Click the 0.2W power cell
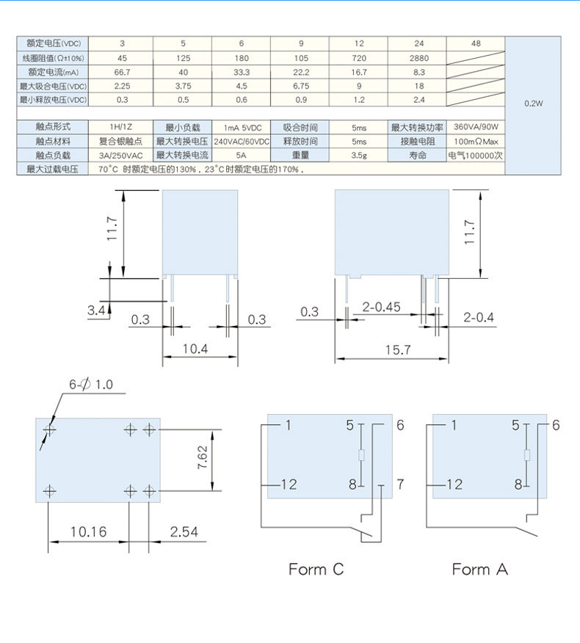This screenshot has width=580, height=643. pos(533,103)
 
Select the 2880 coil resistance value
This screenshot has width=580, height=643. pos(418,57)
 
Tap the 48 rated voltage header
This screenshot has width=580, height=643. pos(476,43)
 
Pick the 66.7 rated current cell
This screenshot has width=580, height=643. pos(123,71)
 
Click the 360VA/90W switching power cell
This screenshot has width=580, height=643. pos(476,127)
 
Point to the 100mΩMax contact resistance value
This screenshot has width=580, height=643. pos(476,141)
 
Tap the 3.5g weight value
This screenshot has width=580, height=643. pos(358,155)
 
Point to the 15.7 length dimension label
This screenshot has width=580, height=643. pos(396,351)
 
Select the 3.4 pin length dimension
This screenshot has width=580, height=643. pos(96,311)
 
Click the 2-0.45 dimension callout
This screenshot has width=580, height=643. pos(381,307)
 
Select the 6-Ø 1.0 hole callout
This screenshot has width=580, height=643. pos(91,385)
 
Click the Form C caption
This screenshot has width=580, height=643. pos(316,569)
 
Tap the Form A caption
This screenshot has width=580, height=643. pos(479,569)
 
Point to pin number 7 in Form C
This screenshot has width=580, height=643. pos(401,484)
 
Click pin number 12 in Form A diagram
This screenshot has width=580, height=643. pos(454,484)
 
